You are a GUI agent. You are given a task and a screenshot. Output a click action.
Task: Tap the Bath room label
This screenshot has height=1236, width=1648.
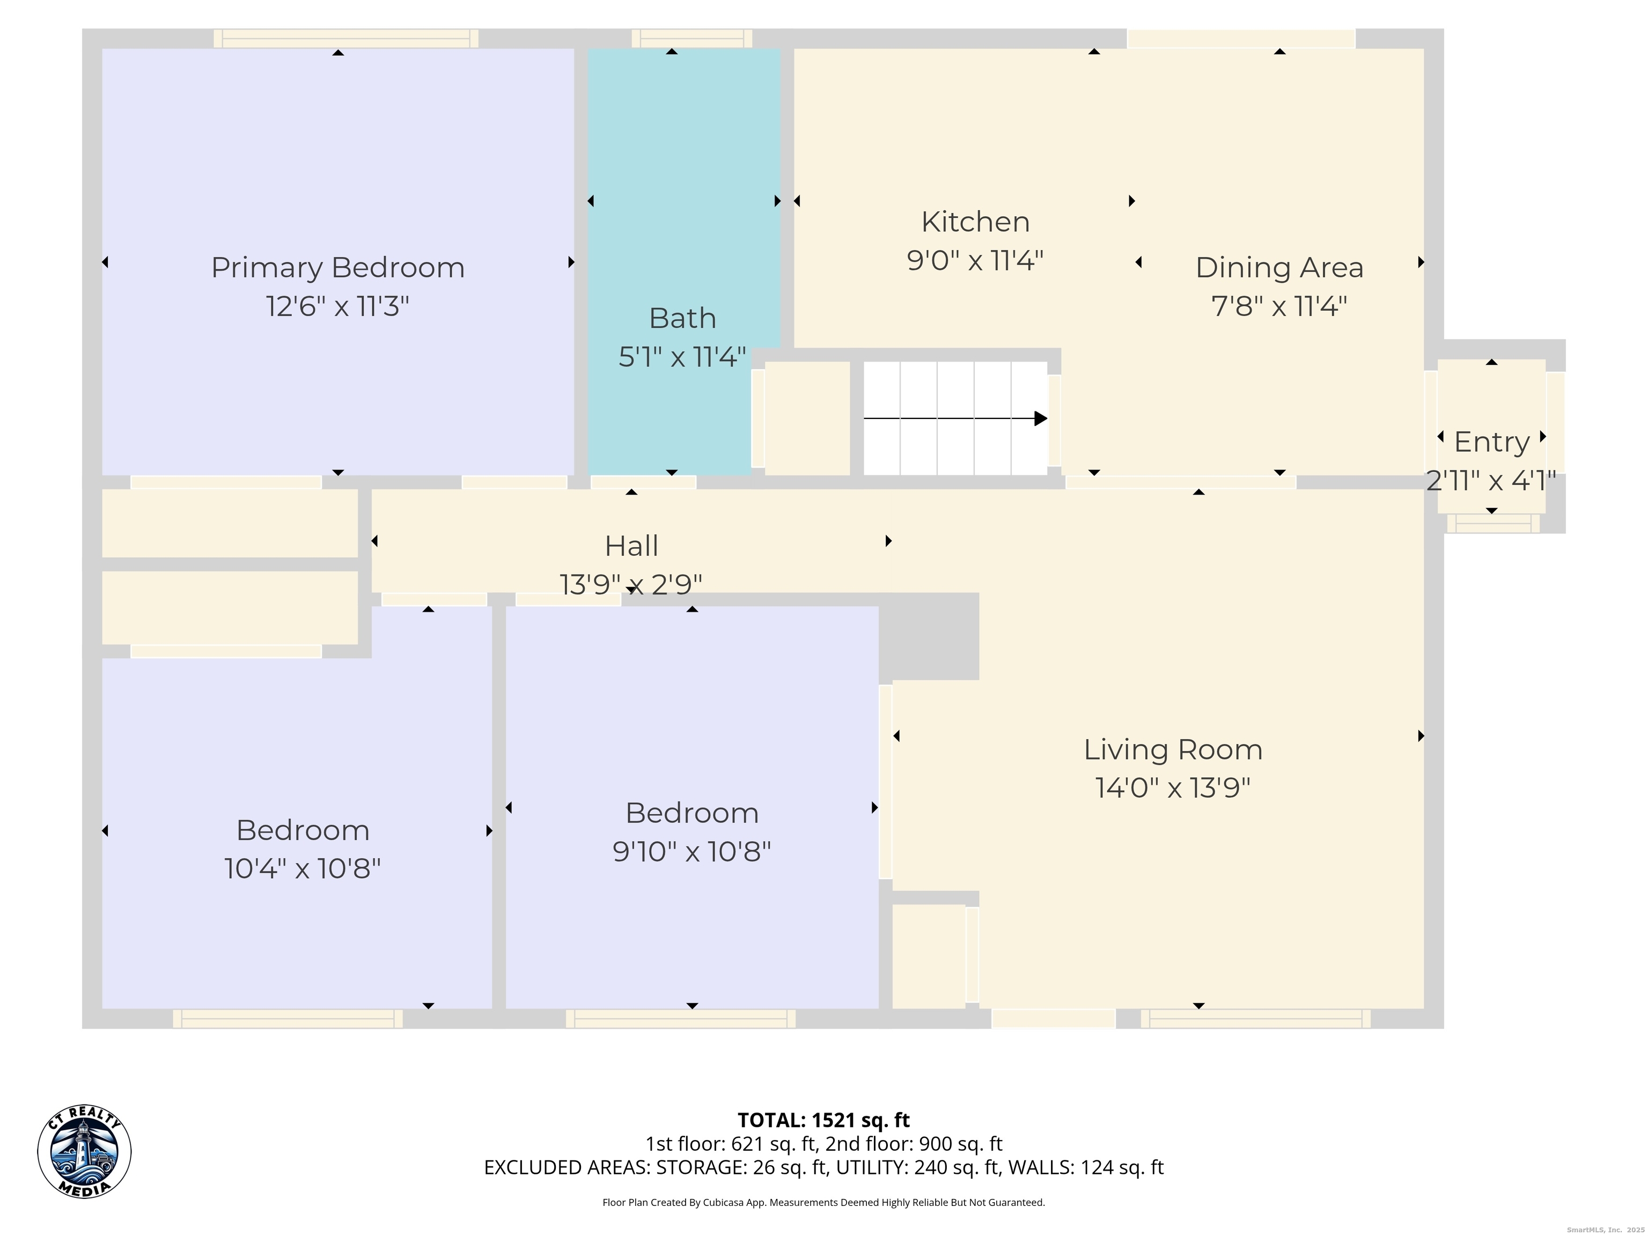pos(682,318)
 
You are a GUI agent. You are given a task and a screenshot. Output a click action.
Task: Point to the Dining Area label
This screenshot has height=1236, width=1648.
pos(1279,268)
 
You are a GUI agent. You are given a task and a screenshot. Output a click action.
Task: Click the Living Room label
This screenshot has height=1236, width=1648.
pos(1173,749)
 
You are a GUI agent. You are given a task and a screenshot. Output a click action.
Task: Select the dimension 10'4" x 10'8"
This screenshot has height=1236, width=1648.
pos(303,869)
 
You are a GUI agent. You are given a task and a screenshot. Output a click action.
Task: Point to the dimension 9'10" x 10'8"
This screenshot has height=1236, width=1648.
pos(691,851)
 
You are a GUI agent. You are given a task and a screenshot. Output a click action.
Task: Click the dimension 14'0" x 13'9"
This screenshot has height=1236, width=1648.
pos(1173,788)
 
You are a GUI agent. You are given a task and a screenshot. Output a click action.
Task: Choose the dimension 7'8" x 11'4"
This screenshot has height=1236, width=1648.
pos(1279,306)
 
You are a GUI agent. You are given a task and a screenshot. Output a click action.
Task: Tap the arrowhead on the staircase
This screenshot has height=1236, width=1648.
pos(1041,418)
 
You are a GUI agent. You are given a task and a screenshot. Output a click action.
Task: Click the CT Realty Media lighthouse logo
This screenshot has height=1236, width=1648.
pos(84,1152)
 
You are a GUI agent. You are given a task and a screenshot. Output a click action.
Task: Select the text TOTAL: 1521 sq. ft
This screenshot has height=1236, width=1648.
pos(823,1121)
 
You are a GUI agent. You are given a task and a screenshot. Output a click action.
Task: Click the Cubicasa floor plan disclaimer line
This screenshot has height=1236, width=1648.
pos(823,1203)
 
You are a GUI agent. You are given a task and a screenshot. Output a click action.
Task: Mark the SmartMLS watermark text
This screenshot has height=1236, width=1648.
pos(1606,1230)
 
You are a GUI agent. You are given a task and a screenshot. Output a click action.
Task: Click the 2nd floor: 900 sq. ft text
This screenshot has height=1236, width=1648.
pos(914,1144)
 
